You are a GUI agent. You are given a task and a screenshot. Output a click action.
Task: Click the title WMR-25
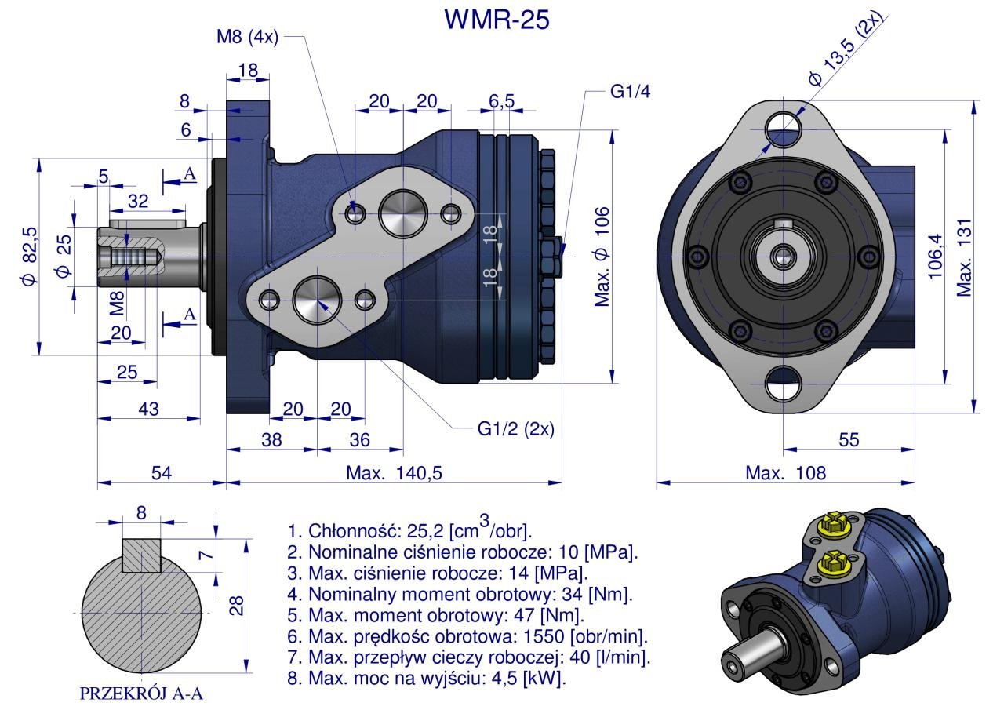pos(497,19)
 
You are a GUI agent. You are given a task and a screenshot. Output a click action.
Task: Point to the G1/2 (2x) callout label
pos(515,429)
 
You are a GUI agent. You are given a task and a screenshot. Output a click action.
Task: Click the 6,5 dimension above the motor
pos(501,101)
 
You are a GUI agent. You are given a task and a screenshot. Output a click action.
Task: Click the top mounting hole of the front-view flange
pos(783,123)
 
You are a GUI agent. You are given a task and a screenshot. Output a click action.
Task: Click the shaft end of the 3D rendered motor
pos(734,662)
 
